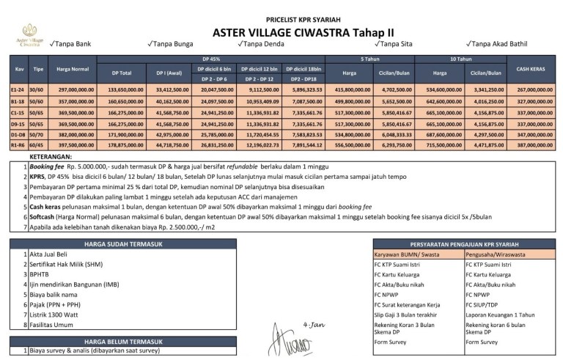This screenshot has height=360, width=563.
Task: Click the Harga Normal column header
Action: pos(73,69)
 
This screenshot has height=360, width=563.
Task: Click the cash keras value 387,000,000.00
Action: pos(534,145)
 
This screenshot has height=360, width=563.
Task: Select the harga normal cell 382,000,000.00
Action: pos(72,134)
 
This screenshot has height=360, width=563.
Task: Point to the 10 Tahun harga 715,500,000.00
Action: pos(439,145)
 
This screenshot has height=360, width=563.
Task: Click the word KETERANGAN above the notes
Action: pos(51,157)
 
